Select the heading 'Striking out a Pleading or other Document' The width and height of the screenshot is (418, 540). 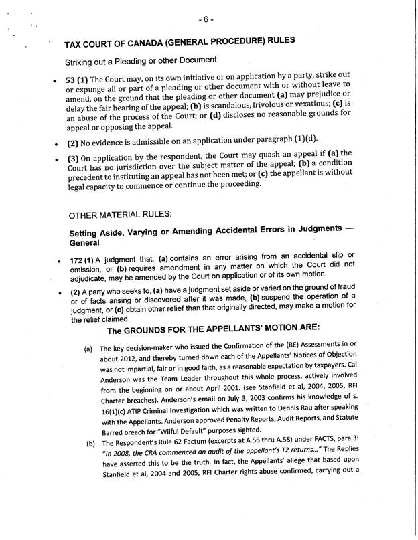141,61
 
